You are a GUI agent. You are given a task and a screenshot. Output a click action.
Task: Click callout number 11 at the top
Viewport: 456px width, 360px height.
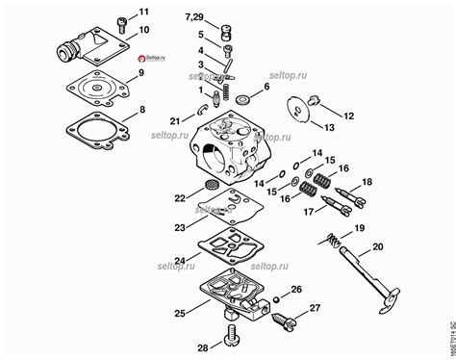pos(144,12)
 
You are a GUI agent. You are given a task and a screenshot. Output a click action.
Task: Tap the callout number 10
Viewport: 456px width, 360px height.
pos(143,31)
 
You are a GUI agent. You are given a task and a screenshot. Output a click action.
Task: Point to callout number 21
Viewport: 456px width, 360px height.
pos(173,120)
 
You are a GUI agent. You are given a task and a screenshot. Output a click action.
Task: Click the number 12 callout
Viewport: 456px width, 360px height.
pos(349,116)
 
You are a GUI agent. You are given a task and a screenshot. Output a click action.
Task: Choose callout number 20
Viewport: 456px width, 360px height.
pos(377,248)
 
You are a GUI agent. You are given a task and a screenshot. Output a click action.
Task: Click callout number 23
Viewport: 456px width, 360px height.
pos(180,228)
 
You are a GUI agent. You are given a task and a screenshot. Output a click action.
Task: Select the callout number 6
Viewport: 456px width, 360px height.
pos(266,88)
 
